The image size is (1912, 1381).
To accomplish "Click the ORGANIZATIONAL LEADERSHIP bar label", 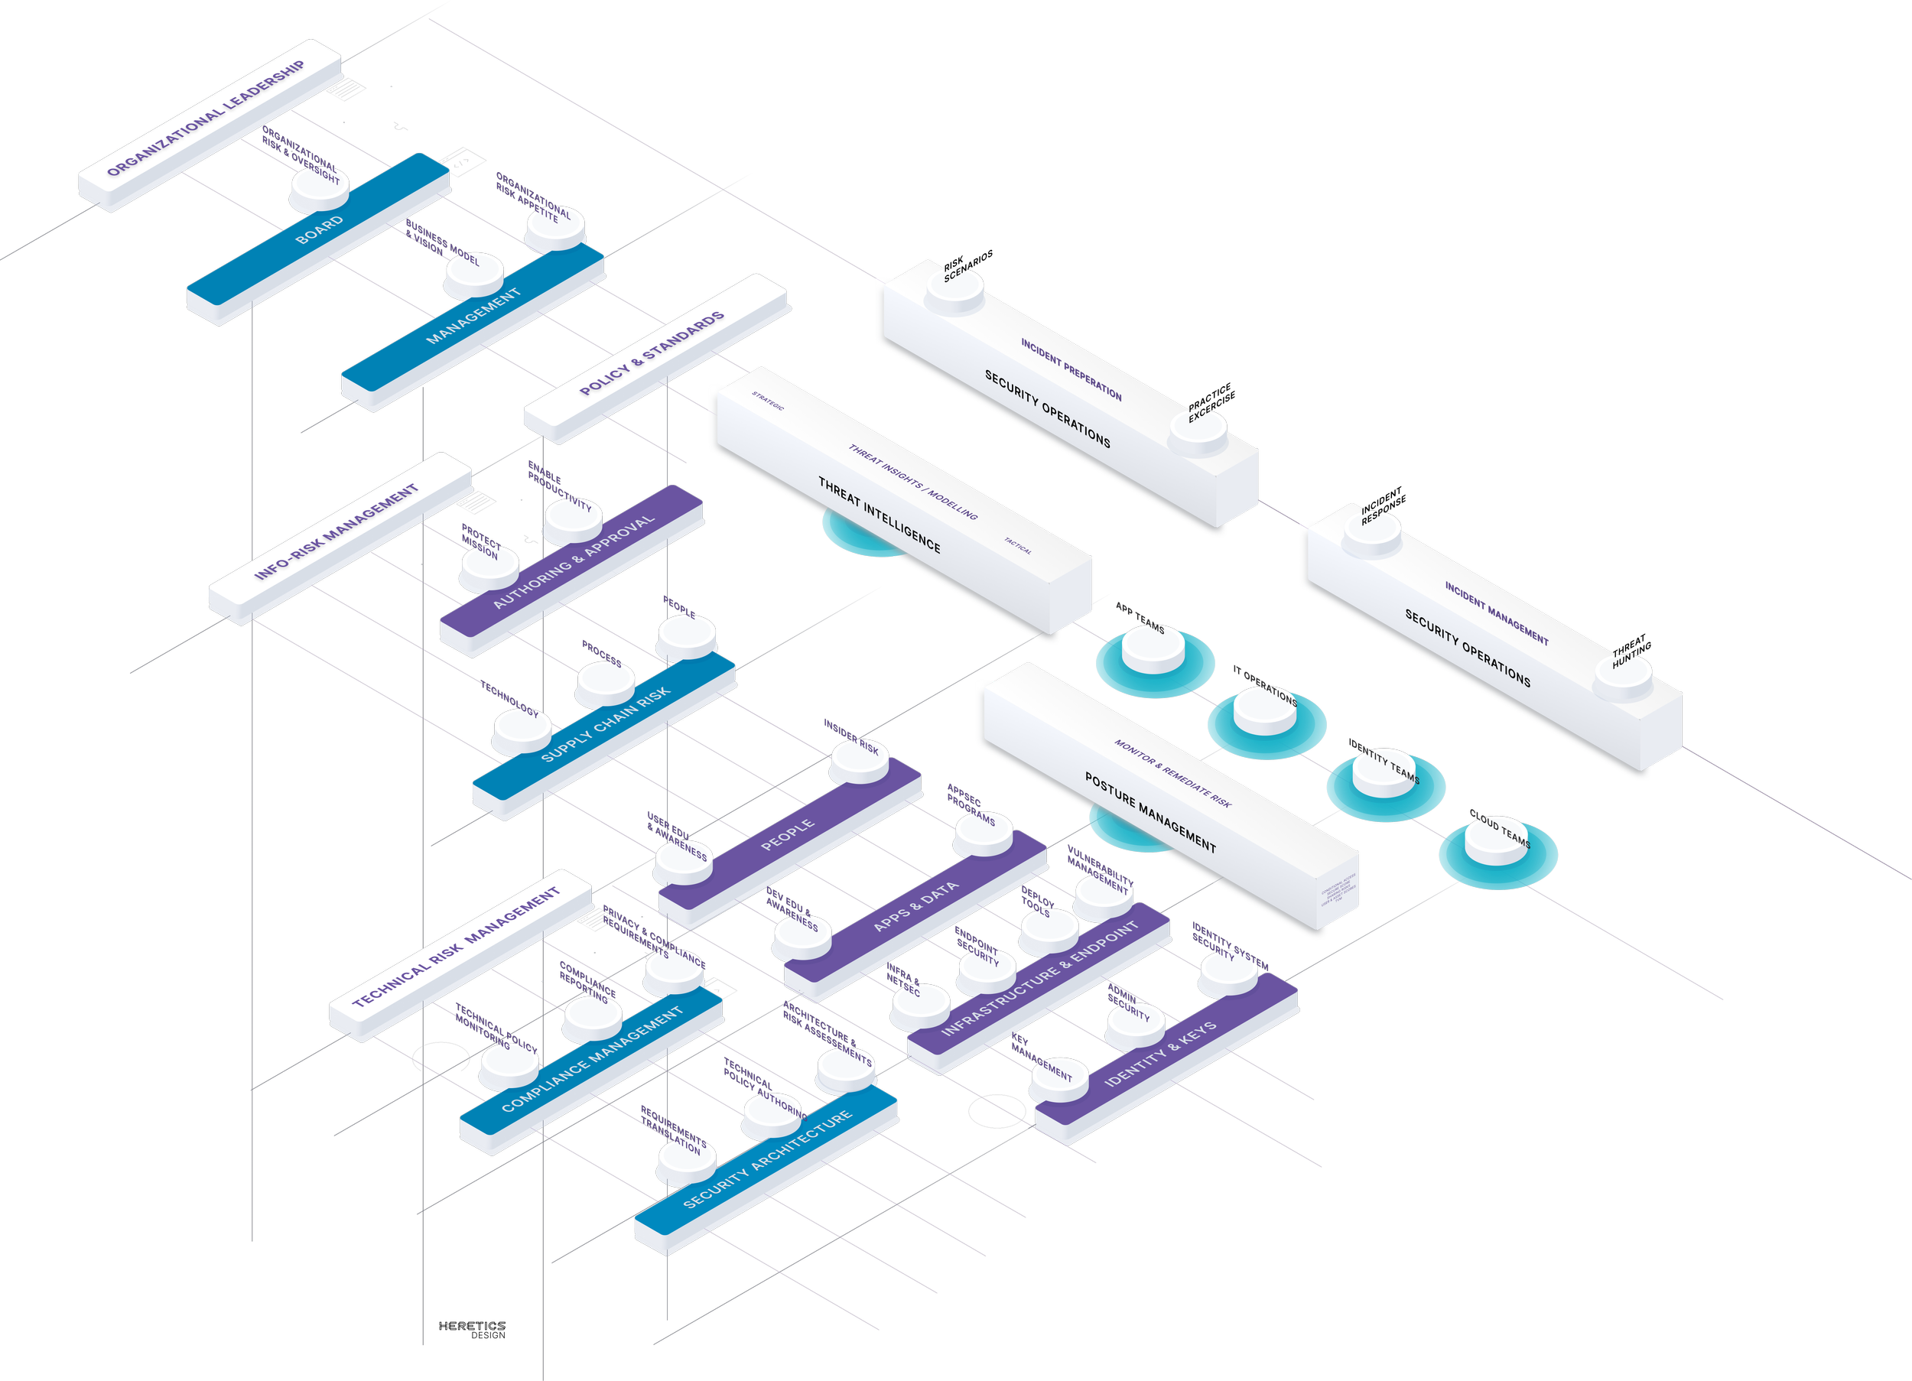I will coord(206,118).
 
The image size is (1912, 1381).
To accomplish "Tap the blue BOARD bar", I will coord(320,230).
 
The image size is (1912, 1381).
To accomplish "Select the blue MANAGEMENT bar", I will coord(473,316).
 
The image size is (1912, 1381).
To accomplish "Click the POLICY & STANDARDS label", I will coord(652,353).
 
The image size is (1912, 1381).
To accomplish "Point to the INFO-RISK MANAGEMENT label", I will coord(337,532).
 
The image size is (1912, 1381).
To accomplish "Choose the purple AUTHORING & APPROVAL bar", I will coord(574,561).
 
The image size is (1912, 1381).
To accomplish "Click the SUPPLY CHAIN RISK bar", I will coord(604,724).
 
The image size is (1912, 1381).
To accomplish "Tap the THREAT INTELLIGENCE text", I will coord(880,515).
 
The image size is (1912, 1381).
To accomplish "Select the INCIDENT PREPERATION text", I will coord(1071,369).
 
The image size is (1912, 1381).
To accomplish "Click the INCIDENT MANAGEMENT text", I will coord(1497,613).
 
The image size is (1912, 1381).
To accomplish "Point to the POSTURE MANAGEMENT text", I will coord(1150,813).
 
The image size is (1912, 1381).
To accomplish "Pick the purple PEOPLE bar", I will coord(788,835).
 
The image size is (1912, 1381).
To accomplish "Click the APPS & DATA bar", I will coord(915,906).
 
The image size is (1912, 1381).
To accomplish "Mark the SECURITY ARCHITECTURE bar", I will coord(766,1158).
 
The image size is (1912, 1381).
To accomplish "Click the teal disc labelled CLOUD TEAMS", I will coord(1497,855).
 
